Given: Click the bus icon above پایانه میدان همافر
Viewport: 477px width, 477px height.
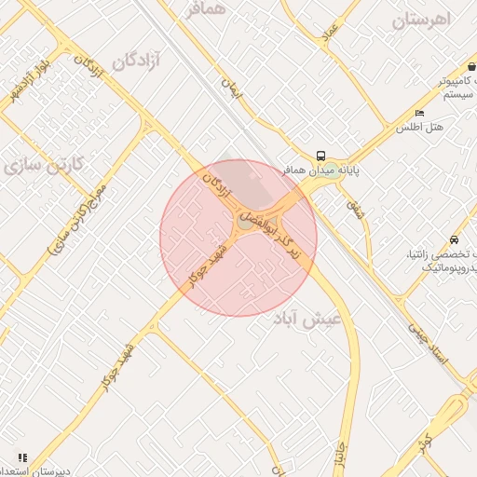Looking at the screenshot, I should click(320, 157).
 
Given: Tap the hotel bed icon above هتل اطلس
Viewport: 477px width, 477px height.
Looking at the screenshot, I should click(419, 113).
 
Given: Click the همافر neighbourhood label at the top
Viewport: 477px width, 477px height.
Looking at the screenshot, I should click(206, 9).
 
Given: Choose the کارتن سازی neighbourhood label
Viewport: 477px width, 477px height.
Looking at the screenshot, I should click(44, 166).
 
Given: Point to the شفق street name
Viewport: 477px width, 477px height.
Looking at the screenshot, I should click(356, 207).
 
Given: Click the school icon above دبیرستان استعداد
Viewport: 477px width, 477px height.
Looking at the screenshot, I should click(20, 457).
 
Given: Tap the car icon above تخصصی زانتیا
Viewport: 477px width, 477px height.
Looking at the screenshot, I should click(454, 239).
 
